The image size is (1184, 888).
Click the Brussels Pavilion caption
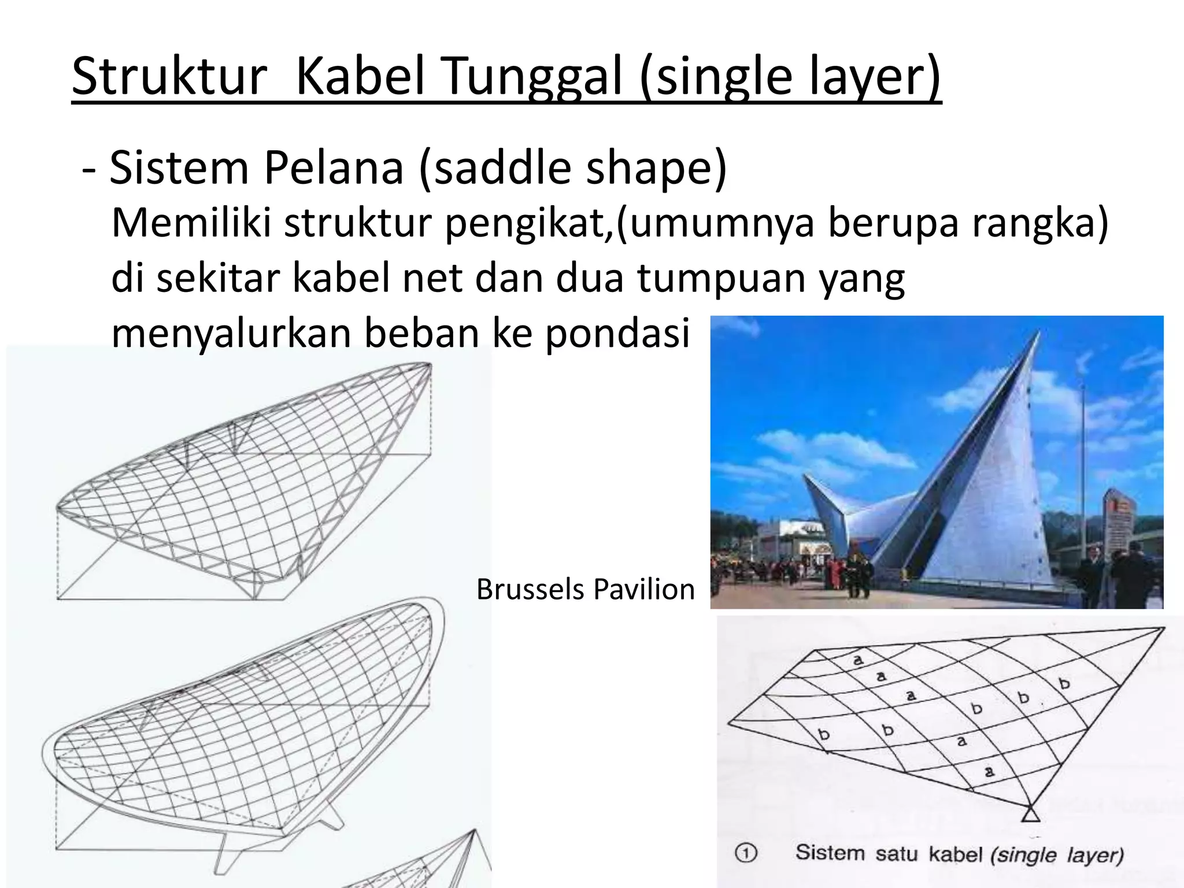(585, 590)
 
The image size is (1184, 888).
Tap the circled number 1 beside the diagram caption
(746, 853)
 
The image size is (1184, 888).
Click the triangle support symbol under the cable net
(1030, 815)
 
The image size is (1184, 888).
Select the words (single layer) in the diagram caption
(1057, 854)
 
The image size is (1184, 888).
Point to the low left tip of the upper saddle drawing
(58, 508)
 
